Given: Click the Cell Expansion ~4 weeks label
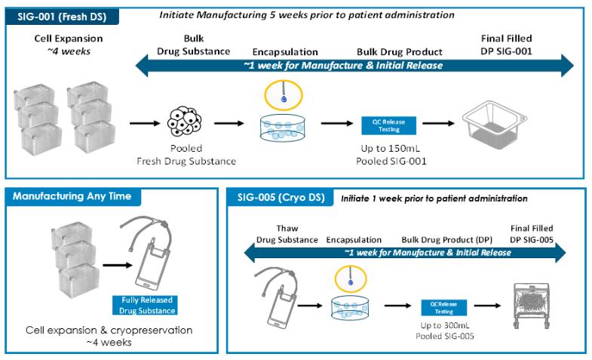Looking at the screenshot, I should click(x=69, y=44).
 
